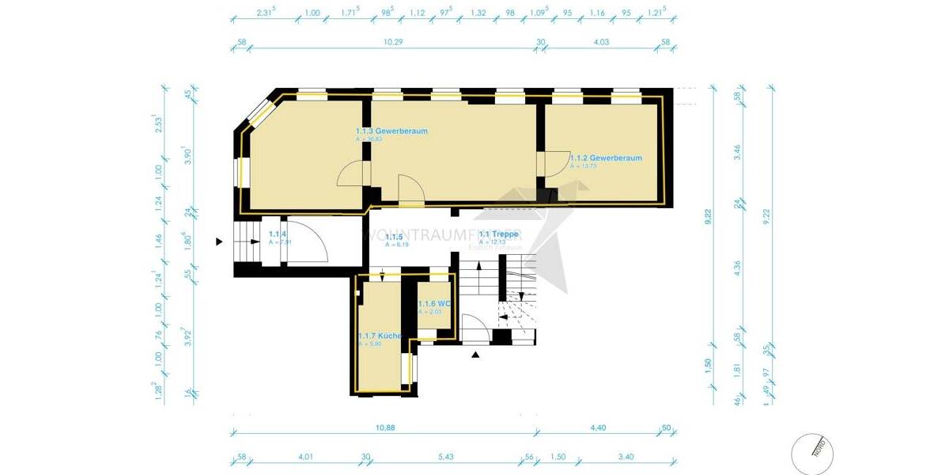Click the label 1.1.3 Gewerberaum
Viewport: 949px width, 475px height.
click(x=391, y=131)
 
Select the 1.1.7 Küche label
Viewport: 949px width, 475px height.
click(x=381, y=336)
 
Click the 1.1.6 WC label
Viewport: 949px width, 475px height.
click(x=434, y=304)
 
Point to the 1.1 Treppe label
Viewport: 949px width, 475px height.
click(x=497, y=234)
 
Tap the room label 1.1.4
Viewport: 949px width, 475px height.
click(x=276, y=234)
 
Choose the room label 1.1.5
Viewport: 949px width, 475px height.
click(x=395, y=237)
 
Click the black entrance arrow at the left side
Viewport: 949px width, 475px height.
click(x=220, y=242)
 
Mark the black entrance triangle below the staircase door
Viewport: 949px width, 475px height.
click(x=475, y=355)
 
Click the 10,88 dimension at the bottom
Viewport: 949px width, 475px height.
click(x=385, y=427)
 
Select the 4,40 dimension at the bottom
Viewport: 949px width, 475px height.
click(x=598, y=427)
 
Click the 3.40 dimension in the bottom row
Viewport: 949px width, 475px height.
click(x=625, y=457)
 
